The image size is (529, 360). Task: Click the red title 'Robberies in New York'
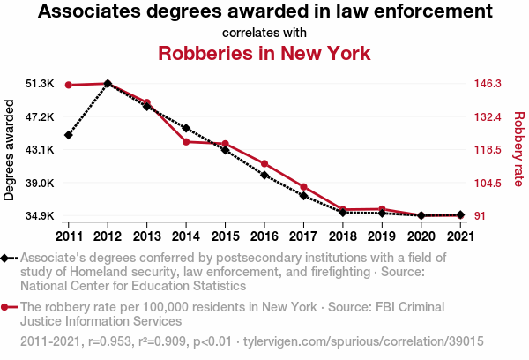[x=264, y=53]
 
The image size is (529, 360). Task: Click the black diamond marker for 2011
[x=69, y=135]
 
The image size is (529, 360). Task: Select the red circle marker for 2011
[x=69, y=85]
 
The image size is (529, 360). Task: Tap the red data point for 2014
[x=186, y=141]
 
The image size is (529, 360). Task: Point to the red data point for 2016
[x=264, y=164]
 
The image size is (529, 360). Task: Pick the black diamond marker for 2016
[x=264, y=175]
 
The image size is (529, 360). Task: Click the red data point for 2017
[x=303, y=187]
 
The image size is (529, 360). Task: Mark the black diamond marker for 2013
[x=147, y=106]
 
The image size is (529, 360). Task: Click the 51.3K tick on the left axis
[x=40, y=84]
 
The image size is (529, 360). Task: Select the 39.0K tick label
[x=40, y=183]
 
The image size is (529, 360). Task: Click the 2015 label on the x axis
[x=225, y=236]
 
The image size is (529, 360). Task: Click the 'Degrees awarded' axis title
[x=10, y=150]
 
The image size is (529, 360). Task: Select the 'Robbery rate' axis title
[x=518, y=150]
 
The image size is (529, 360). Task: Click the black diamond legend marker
[x=7, y=258]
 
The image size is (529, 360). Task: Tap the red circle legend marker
[x=7, y=307]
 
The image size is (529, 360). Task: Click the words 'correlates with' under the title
[x=264, y=33]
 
